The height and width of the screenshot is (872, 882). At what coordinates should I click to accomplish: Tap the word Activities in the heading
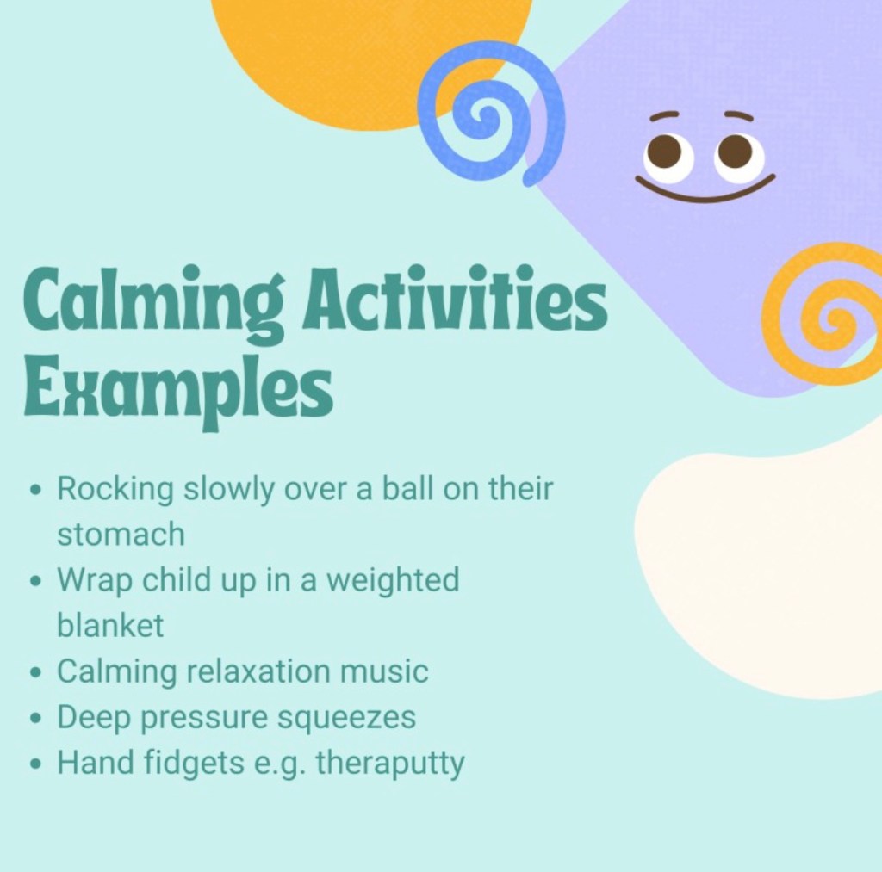(x=455, y=298)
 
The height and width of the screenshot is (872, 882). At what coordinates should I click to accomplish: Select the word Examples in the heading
(x=178, y=388)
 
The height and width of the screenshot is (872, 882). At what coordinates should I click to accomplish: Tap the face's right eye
(x=740, y=155)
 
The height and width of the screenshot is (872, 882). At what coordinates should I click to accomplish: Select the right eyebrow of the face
(x=738, y=115)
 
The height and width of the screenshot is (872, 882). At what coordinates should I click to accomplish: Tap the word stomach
(x=121, y=533)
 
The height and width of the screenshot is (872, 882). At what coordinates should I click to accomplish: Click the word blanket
(x=110, y=624)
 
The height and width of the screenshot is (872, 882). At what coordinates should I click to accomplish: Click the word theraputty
(x=390, y=764)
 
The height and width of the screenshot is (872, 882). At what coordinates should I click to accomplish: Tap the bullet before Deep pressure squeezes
(x=36, y=718)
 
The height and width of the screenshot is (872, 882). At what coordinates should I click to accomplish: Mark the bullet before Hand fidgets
(x=36, y=764)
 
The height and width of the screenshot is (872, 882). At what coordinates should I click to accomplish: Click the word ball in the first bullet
(x=407, y=488)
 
